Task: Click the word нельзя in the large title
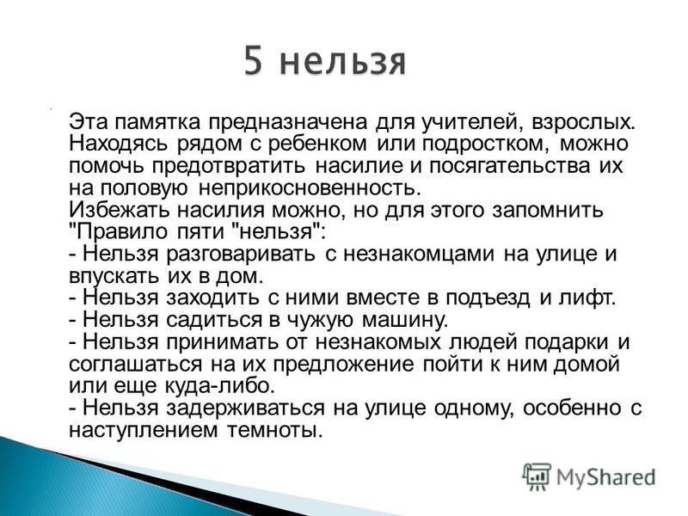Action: tap(342, 64)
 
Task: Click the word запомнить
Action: tap(548, 210)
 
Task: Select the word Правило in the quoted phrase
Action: tap(119, 232)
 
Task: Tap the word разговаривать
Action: tap(241, 254)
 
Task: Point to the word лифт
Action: tap(587, 298)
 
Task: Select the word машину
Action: tap(405, 320)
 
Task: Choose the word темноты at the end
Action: tap(274, 430)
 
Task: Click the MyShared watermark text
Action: tap(606, 477)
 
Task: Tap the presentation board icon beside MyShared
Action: tap(536, 476)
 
